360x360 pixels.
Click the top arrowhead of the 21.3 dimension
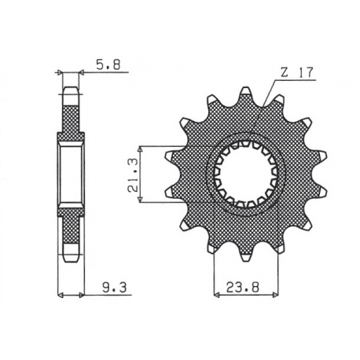click(141, 147)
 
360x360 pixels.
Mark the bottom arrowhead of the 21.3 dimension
click(141, 204)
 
